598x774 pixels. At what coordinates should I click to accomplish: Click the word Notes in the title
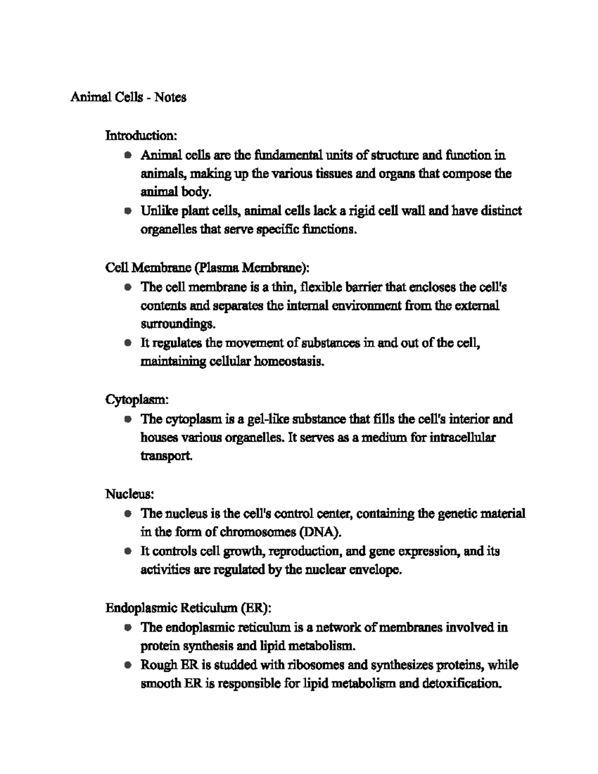coord(170,97)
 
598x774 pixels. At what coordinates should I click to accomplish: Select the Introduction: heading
coord(141,135)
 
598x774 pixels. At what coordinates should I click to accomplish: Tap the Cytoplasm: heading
coord(138,400)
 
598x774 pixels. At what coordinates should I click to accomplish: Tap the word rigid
coord(361,211)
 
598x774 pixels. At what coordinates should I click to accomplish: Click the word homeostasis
coord(289,362)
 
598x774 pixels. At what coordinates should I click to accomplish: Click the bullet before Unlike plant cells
coord(128,211)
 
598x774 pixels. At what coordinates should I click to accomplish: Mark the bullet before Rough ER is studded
coord(128,665)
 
